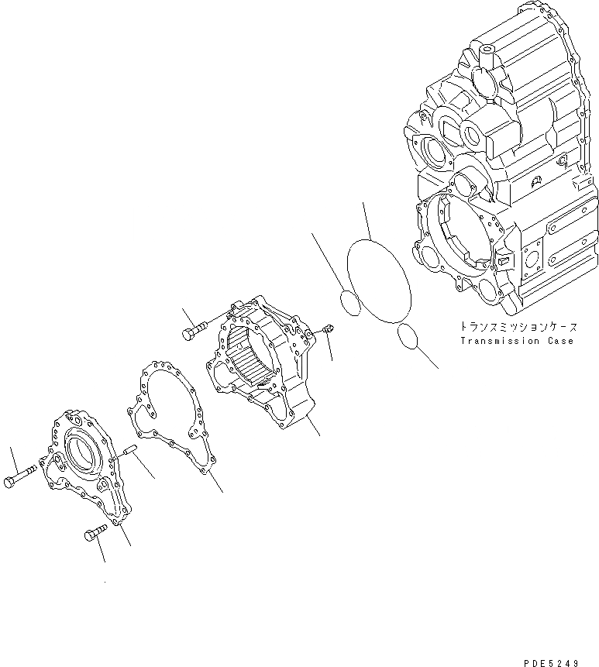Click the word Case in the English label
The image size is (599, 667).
[560, 342]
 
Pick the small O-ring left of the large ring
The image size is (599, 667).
[350, 303]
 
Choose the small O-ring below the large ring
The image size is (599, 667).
[408, 336]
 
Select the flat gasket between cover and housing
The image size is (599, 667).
[166, 418]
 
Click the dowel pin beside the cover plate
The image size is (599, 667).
[129, 449]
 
